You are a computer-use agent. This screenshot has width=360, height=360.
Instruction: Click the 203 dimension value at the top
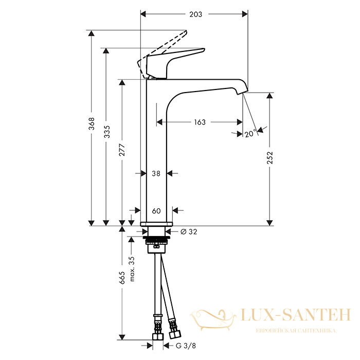coord(195,14)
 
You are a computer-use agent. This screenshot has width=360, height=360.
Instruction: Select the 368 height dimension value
coord(92,123)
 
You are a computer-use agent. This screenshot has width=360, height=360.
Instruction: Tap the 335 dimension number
coord(107,132)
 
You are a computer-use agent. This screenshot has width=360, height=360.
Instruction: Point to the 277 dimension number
coord(122,150)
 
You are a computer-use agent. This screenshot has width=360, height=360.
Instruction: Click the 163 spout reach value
coord(200,122)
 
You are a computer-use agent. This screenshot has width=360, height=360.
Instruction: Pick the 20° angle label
coord(250,133)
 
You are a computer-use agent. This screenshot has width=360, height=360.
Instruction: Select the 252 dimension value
coord(270,157)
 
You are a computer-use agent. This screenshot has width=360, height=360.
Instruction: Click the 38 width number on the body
coord(156,173)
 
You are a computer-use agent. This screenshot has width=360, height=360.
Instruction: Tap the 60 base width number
coord(156,211)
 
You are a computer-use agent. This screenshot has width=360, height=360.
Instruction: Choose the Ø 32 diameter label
coord(189,231)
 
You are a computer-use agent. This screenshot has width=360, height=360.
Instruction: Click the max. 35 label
coord(132,269)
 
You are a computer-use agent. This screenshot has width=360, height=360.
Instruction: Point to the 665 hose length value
coord(122,278)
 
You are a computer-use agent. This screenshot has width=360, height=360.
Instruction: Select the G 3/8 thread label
coord(186,346)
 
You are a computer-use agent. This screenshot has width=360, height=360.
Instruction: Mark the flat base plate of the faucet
coord(156,224)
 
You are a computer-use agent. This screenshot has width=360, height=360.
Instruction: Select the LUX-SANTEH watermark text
coord(296,315)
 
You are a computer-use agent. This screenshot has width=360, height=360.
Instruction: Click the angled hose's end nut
coord(175,334)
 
